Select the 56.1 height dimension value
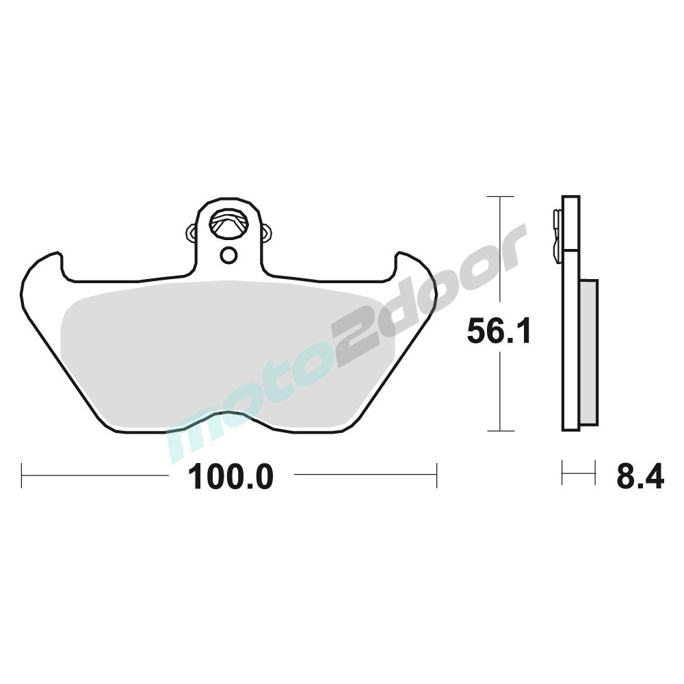499,331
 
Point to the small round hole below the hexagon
228,255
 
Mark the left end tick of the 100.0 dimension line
21,475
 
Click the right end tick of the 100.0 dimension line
436,475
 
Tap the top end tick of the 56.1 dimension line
500,197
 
